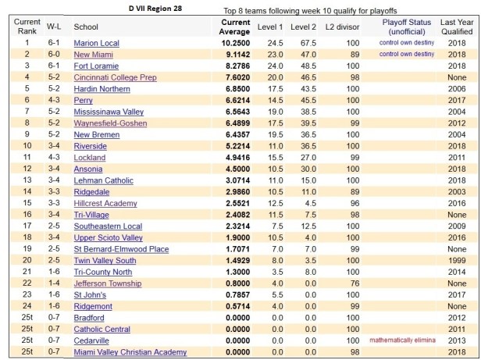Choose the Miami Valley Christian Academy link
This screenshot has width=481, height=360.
pyautogui.click(x=130, y=352)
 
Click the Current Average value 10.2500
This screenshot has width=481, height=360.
pyautogui.click(x=233, y=43)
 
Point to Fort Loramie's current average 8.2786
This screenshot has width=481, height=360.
pyautogui.click(x=234, y=66)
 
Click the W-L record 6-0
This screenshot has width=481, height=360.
pyautogui.click(x=50, y=55)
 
